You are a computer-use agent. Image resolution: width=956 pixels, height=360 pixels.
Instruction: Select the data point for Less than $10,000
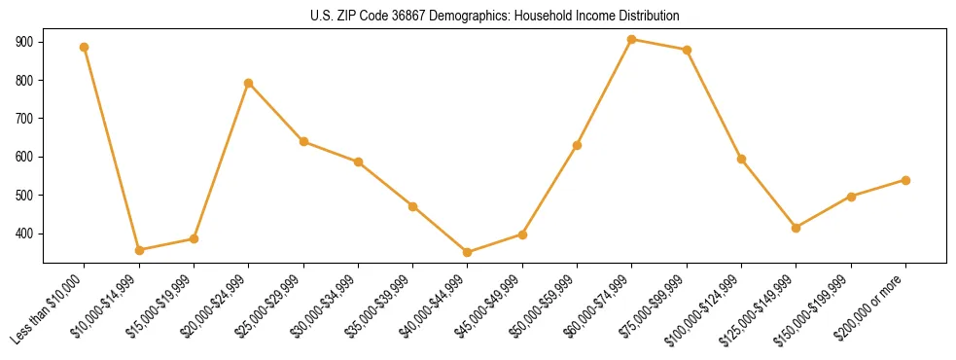[x=85, y=47]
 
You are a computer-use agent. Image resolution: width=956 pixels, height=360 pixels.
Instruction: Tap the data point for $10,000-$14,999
[x=139, y=250]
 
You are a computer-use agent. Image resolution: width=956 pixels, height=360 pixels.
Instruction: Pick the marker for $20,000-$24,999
[x=249, y=83]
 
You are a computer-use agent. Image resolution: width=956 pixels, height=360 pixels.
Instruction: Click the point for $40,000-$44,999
[x=468, y=252]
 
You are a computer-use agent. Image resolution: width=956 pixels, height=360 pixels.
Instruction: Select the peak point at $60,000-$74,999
[x=632, y=39]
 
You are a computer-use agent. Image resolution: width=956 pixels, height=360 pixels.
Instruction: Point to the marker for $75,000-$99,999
[x=687, y=50]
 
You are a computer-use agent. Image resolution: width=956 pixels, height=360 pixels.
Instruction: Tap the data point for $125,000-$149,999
[x=797, y=228]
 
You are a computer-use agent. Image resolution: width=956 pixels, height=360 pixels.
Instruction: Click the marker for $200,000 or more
[x=905, y=180]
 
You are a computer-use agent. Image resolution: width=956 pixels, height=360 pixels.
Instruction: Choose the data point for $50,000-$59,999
[x=578, y=145]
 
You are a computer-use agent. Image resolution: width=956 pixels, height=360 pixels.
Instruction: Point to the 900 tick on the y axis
[x=23, y=42]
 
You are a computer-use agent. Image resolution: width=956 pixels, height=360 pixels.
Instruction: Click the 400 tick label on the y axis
[x=23, y=234]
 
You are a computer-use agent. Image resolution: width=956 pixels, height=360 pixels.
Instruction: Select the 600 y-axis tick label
[x=23, y=157]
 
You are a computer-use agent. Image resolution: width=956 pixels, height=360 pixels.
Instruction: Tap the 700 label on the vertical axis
[x=23, y=119]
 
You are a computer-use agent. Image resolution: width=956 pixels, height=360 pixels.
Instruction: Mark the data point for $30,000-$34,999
[x=358, y=162]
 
